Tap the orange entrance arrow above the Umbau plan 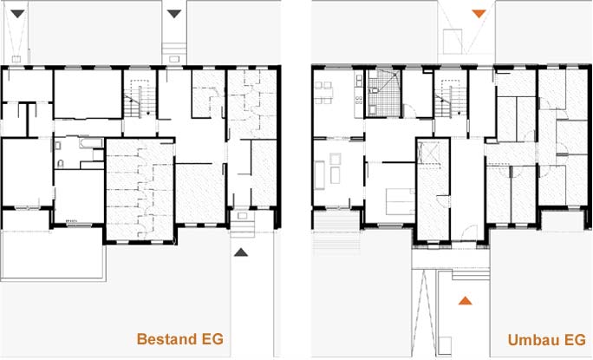coord(478,14)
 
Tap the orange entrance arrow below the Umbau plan coord(466,300)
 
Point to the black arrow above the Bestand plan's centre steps coord(173,14)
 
